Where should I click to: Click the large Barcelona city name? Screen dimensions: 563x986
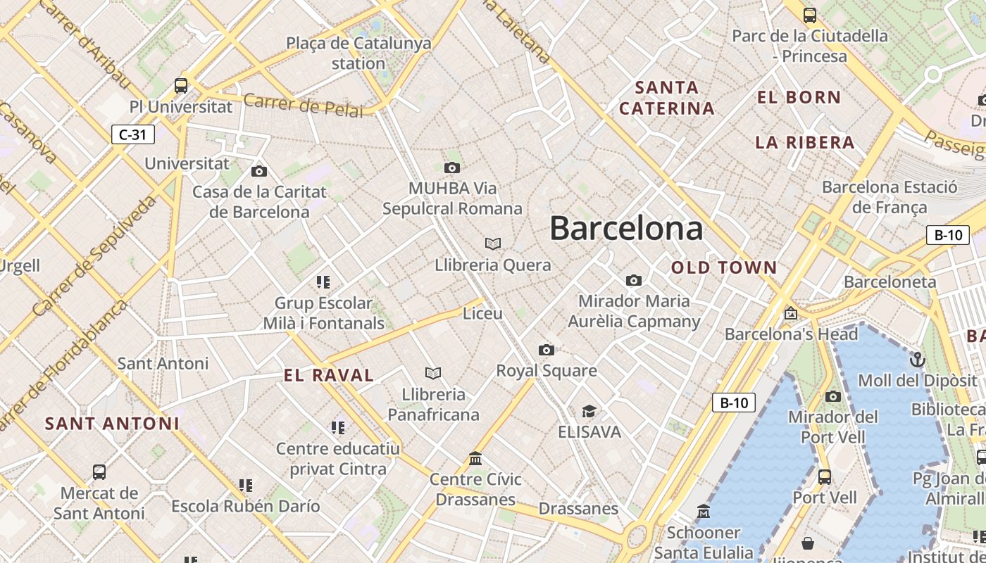pyautogui.click(x=626, y=229)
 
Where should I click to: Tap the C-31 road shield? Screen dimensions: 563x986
pyautogui.click(x=132, y=134)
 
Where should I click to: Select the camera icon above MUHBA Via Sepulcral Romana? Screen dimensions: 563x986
pyautogui.click(x=452, y=167)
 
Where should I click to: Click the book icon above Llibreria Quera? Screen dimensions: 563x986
pyautogui.click(x=493, y=244)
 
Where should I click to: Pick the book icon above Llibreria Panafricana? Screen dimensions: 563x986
pyautogui.click(x=433, y=373)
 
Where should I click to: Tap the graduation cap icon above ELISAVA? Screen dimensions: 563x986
pyautogui.click(x=589, y=411)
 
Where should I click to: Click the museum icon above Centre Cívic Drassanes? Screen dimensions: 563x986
pyautogui.click(x=475, y=459)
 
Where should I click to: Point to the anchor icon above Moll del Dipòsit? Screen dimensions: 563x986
pyautogui.click(x=917, y=360)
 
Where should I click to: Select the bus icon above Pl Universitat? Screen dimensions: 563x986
pyautogui.click(x=181, y=86)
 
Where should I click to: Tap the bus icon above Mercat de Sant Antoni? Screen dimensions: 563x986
pyautogui.click(x=99, y=472)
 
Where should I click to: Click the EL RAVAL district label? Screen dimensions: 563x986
pyautogui.click(x=329, y=376)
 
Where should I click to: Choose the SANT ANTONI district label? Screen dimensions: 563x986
pyautogui.click(x=112, y=424)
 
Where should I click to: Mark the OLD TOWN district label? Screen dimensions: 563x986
pyautogui.click(x=724, y=267)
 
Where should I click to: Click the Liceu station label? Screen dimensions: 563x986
pyautogui.click(x=482, y=313)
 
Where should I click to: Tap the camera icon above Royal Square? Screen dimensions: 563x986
pyautogui.click(x=546, y=350)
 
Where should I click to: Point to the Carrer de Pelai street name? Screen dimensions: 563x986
pyautogui.click(x=304, y=106)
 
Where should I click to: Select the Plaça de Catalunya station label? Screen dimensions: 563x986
pyautogui.click(x=358, y=53)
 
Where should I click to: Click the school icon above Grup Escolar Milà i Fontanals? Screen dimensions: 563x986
pyautogui.click(x=323, y=282)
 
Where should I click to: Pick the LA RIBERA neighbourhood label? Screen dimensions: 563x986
pyautogui.click(x=805, y=143)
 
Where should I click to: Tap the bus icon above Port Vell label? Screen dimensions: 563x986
pyautogui.click(x=824, y=477)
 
